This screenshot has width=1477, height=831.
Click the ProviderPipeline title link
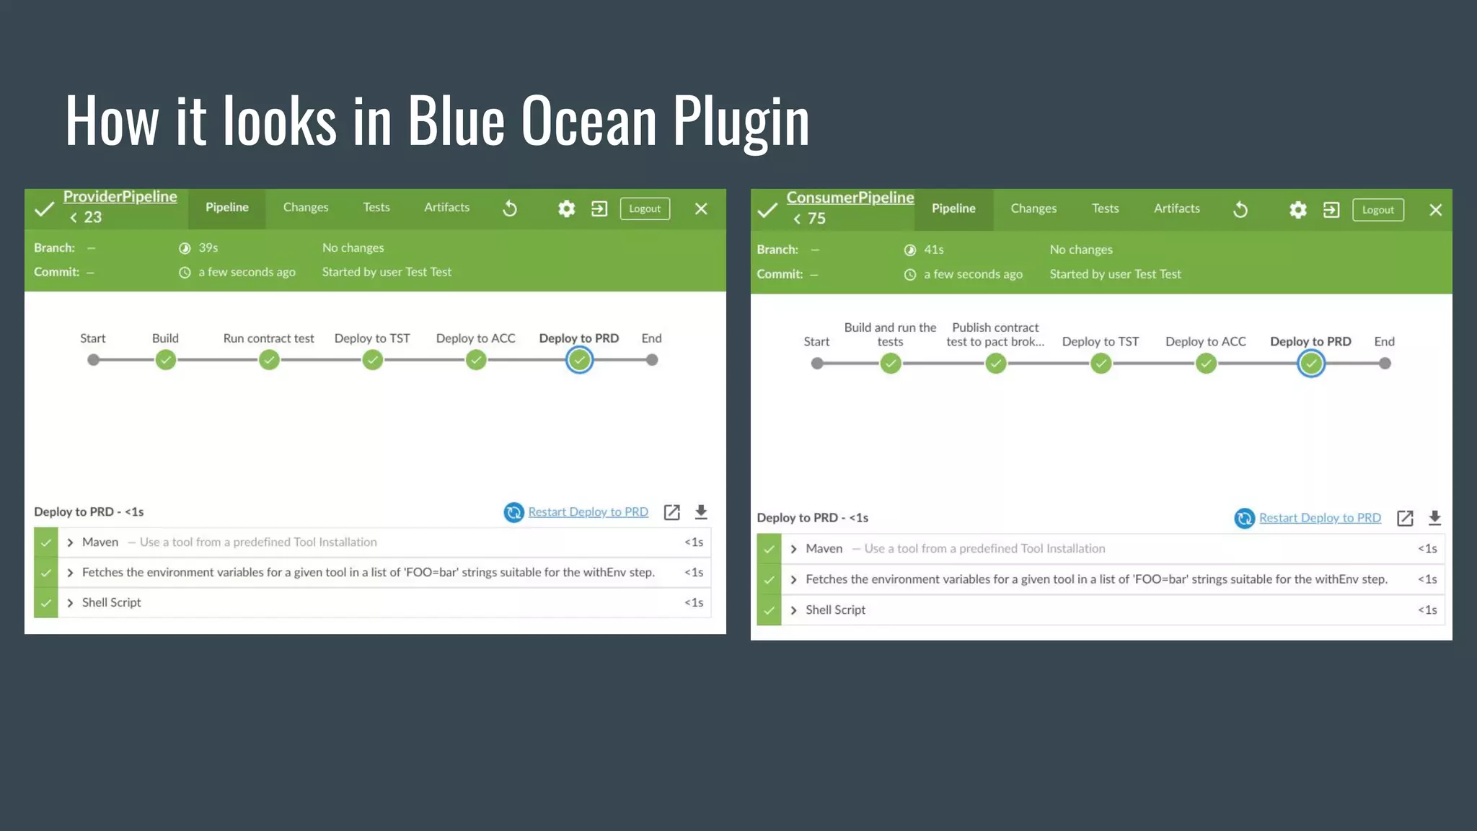120,196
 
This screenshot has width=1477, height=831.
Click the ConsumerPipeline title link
850,198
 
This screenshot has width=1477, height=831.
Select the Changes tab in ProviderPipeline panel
305,208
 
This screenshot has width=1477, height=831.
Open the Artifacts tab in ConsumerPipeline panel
1176,209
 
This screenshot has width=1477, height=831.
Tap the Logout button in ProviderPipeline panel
644,209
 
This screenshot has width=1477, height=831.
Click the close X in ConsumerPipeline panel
1435,210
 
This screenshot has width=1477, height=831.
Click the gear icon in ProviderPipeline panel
566,209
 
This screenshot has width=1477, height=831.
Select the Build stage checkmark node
166,360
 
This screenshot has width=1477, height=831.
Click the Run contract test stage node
269,360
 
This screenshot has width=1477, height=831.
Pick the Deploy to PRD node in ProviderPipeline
579,360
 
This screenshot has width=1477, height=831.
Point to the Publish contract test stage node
995,364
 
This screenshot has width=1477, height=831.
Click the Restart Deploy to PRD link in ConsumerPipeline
1319,518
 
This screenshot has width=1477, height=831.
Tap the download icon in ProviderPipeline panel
700,512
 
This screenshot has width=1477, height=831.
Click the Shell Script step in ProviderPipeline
112,602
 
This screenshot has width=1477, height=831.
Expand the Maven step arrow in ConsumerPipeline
793,549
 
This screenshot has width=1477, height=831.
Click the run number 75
816,219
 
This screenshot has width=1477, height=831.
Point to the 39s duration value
208,248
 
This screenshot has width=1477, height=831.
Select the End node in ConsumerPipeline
1384,364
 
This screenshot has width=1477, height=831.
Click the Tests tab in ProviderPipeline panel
376,208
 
